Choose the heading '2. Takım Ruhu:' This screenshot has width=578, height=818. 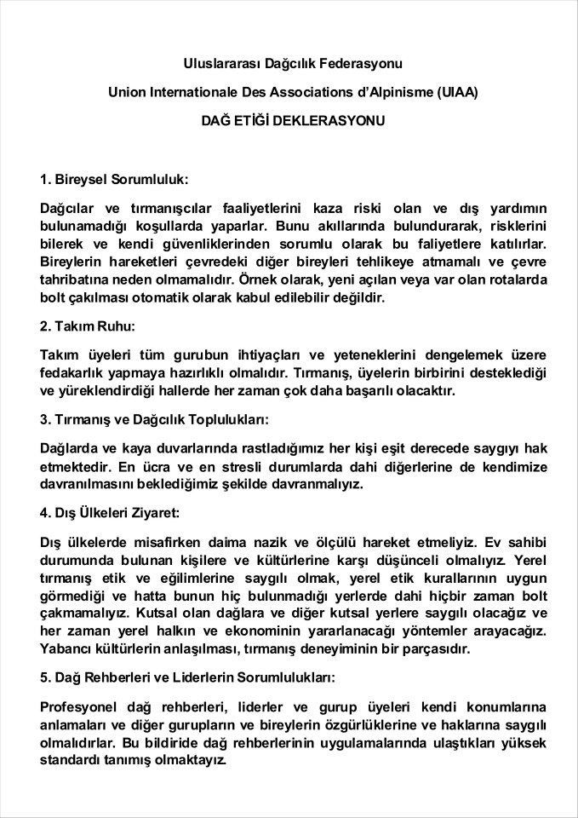coord(88,325)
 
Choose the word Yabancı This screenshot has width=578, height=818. coord(67,649)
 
